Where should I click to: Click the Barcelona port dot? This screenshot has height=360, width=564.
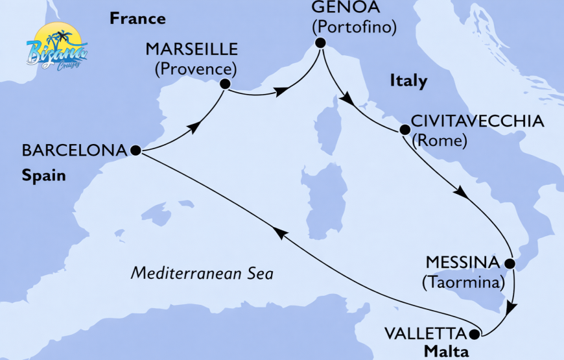(135, 150)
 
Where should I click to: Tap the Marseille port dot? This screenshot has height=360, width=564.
(225, 84)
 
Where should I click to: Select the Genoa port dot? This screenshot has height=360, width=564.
(319, 43)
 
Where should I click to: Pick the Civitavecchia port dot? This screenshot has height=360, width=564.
(405, 130)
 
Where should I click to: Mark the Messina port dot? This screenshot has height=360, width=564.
(510, 264)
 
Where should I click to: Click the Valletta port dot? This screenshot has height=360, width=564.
(474, 335)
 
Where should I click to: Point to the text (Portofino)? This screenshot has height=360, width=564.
(353, 29)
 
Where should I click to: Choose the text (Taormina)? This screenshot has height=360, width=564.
(462, 283)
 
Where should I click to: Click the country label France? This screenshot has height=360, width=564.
(137, 18)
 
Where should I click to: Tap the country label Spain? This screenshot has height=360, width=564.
(44, 175)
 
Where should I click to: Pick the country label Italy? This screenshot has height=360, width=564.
(408, 81)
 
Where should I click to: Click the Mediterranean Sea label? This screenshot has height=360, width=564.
(202, 274)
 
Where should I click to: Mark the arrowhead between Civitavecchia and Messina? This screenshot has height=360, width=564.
(460, 193)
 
